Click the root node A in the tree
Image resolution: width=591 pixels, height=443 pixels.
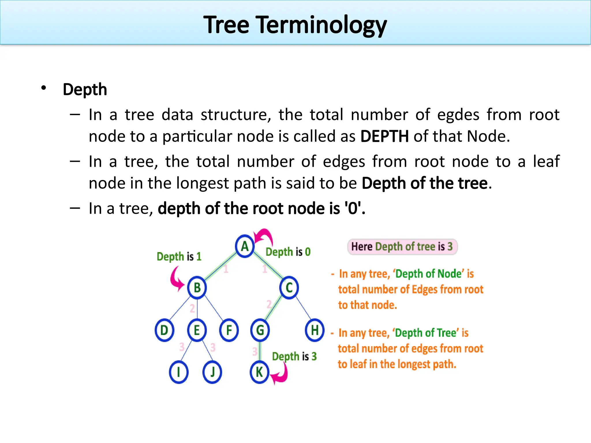pos(245,246)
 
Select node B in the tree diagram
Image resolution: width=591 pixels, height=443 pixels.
pos(197,288)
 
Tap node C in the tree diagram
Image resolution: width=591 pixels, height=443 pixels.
pos(289,288)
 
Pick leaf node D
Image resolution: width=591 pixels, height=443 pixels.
pos(164,330)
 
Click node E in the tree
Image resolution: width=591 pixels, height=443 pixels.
pos(197,330)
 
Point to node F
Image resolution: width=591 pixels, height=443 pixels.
pos(229,330)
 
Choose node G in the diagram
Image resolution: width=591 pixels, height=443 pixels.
pos(260,330)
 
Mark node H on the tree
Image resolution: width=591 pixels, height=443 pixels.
pos(315,330)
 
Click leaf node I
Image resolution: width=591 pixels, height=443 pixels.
pos(179,372)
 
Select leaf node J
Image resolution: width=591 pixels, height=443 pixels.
pos(212,372)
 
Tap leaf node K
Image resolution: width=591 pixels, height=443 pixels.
pos(259,372)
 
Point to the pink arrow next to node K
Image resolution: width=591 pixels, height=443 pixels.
pos(281,374)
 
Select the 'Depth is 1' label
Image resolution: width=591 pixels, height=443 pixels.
pos(179,256)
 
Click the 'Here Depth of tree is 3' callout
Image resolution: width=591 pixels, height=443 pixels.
pos(402,247)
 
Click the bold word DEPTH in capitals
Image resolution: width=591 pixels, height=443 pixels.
pos(384,136)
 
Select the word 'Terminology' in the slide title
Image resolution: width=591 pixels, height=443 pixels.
pos(322,25)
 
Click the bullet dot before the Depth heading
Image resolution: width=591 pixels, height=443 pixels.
pos(44,88)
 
